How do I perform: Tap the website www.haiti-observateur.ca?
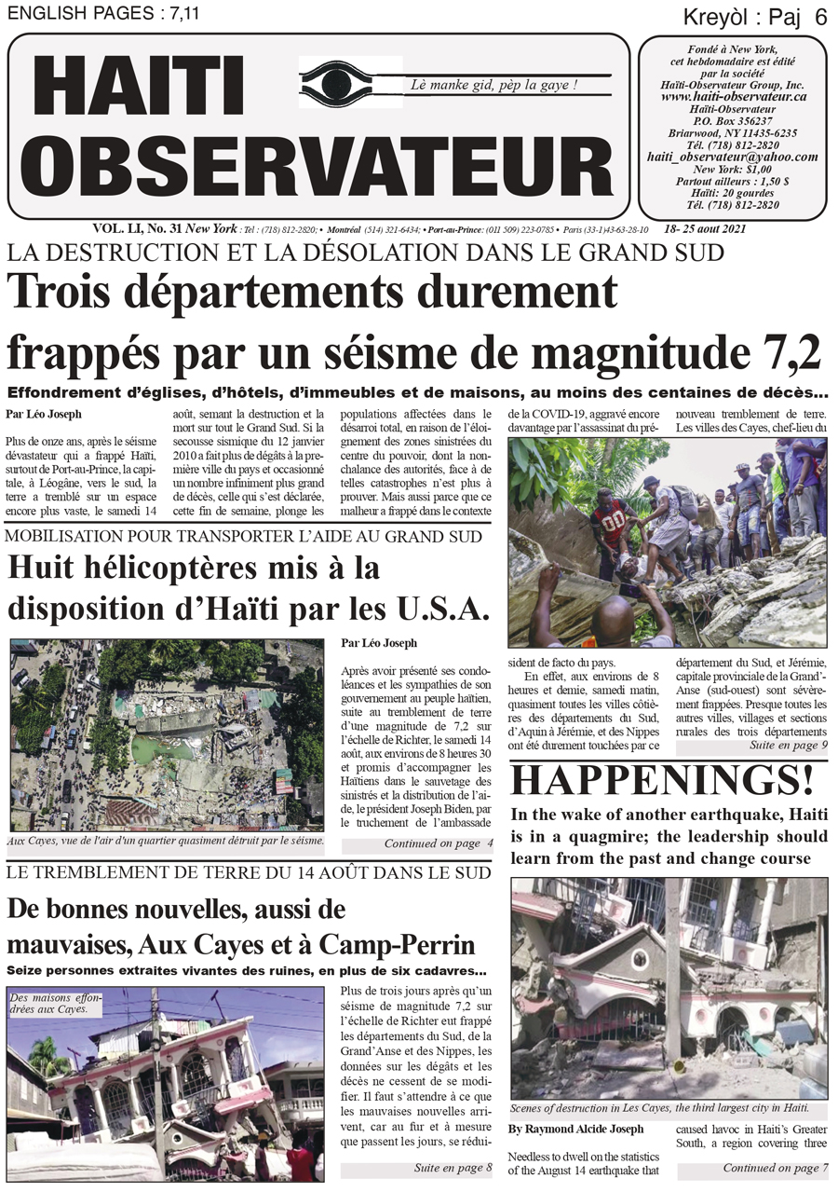tap(734, 97)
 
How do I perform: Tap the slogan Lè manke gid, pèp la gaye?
tap(494, 85)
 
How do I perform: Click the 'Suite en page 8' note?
tap(453, 1167)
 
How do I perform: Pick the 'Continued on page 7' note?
tap(775, 1167)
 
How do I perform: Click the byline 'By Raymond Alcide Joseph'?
tap(575, 1129)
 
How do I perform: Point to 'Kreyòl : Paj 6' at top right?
tap(755, 16)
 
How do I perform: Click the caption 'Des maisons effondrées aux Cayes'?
tap(55, 1003)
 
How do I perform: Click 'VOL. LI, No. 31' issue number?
tap(137, 228)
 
